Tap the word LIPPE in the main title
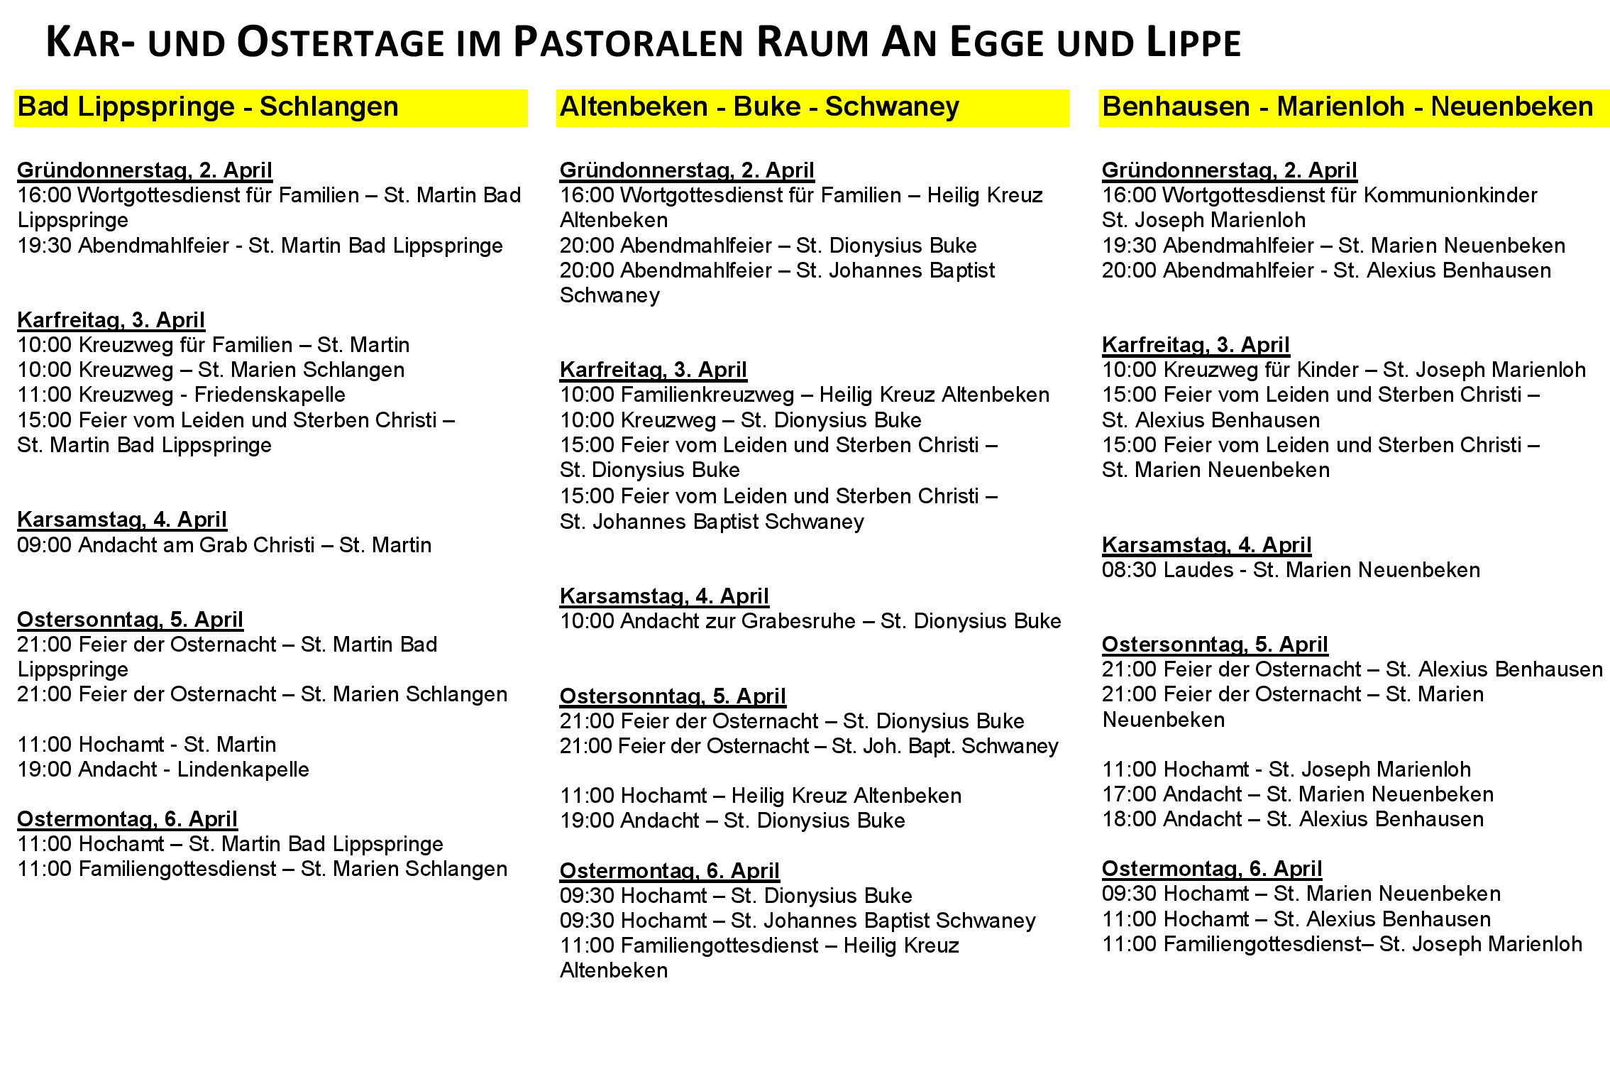[1192, 43]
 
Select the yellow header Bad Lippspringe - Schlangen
[208, 107]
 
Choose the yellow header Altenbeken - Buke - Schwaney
[759, 107]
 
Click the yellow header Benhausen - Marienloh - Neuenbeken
[1347, 107]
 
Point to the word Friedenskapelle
[270, 395]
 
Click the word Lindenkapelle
[243, 769]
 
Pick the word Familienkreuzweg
[677, 395]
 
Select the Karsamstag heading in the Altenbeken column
[664, 596]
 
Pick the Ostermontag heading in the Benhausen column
[1211, 869]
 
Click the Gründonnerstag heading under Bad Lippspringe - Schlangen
[145, 170]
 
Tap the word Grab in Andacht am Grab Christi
[221, 545]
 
